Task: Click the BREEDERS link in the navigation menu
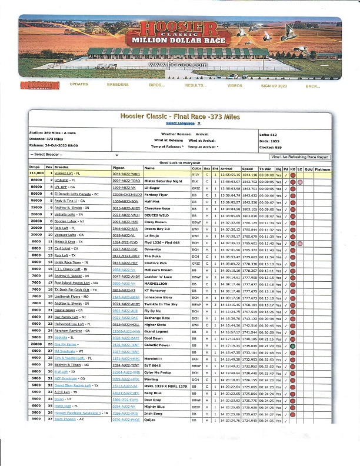(118, 85)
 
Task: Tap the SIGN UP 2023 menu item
(274, 85)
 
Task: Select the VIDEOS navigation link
(235, 85)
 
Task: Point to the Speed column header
(247, 168)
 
